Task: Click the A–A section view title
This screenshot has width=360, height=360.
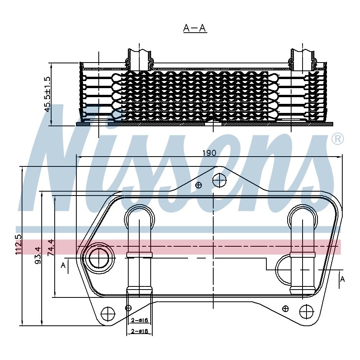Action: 195,28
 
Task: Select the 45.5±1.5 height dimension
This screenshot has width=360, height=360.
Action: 48,94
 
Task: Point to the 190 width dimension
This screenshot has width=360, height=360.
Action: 209,153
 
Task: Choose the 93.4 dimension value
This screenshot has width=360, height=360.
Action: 38,255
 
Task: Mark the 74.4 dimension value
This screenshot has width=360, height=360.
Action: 51,247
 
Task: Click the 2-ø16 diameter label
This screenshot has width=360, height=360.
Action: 139,320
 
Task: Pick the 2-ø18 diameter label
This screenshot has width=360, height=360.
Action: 139,331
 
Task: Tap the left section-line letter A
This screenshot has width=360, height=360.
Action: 63,266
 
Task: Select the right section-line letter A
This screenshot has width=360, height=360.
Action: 342,279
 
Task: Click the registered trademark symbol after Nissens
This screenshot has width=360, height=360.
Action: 338,139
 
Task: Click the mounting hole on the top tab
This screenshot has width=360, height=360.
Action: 220,181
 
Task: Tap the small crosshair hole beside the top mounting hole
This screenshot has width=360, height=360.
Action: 199,185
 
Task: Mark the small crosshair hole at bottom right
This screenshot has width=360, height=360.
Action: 286,308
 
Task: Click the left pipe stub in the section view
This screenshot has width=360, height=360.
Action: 139,59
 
